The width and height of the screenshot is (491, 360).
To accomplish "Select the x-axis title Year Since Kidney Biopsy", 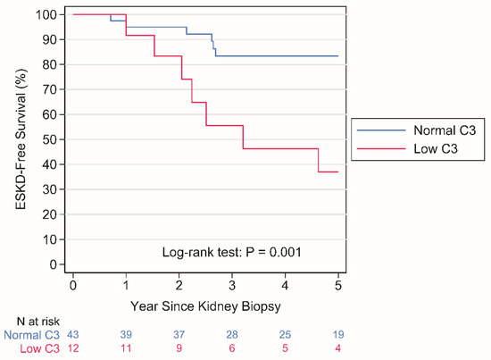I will point(204,305).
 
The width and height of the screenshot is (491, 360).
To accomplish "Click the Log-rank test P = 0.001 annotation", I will point(230,252).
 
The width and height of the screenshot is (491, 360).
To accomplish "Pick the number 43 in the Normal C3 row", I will point(72,334).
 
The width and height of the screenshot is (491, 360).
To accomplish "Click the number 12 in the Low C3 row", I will point(72,347).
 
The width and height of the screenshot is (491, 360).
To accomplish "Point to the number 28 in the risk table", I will point(231,334).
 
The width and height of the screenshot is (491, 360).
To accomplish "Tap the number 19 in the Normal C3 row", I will point(337,334).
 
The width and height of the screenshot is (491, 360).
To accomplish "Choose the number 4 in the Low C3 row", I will point(337,347).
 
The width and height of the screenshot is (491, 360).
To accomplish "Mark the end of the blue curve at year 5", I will point(337,55).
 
